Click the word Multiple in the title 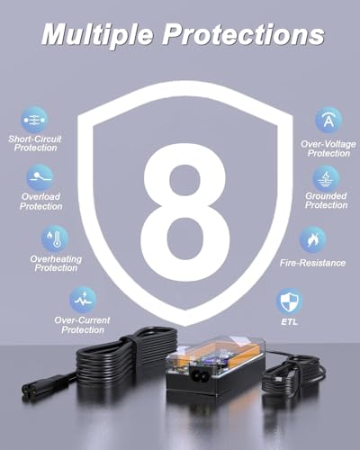97,35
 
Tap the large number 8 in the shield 184,212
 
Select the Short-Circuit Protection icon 34,120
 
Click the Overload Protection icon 40,177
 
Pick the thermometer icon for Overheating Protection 55,238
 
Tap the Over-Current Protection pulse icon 83,300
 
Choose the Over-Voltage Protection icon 328,120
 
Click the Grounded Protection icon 326,178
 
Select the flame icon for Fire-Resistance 312,239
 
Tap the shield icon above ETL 289,301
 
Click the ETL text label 290,322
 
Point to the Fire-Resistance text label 312,263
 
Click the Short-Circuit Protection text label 35,143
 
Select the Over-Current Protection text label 82,325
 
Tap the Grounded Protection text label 326,201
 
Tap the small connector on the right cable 277,380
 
